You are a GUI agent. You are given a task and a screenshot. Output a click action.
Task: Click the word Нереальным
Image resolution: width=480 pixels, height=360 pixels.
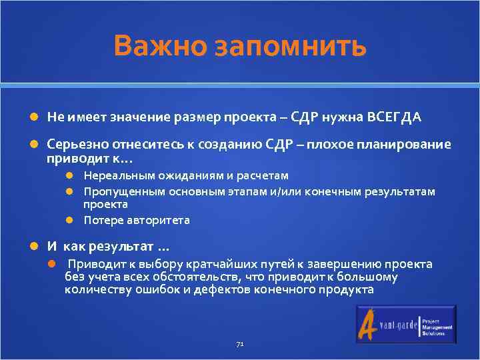pyautogui.click(x=113, y=175)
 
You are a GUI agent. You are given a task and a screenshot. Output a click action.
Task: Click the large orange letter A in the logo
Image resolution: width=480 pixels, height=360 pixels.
pyautogui.click(x=369, y=325)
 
